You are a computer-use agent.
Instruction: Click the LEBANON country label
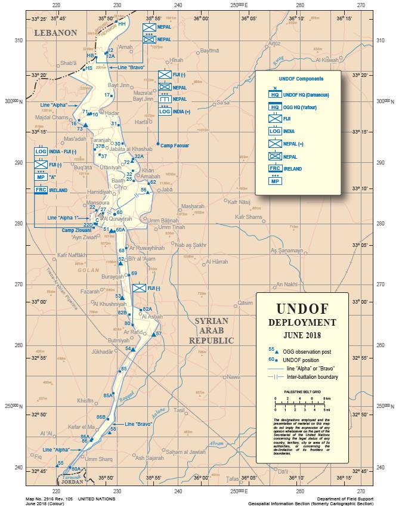point(55,33)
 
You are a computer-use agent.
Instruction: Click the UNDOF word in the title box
point(302,309)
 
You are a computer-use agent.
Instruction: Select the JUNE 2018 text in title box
point(302,335)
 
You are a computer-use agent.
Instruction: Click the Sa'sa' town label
point(223,103)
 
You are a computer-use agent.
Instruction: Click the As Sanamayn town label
point(287,251)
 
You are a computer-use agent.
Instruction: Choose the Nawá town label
point(233,377)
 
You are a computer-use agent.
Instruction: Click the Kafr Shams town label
point(249,217)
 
